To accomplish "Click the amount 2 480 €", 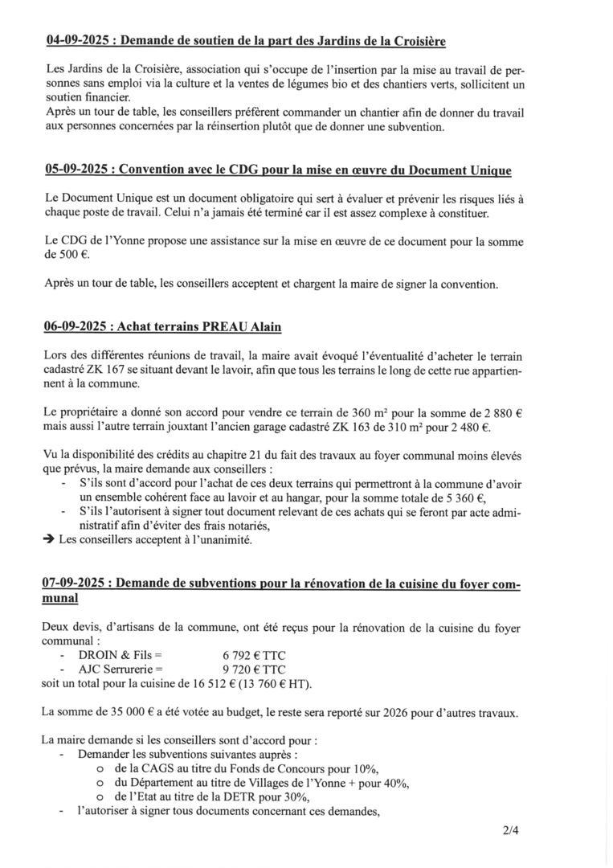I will click(x=467, y=427).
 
